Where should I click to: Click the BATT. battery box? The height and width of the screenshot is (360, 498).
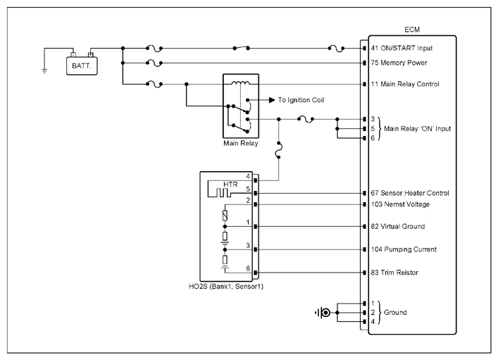(x=82, y=66)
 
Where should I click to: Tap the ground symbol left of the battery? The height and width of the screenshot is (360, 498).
(x=44, y=70)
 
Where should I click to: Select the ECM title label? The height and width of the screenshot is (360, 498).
(x=412, y=30)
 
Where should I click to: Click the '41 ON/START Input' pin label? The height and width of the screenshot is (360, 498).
(x=401, y=48)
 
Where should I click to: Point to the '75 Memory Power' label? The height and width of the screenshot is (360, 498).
(x=399, y=63)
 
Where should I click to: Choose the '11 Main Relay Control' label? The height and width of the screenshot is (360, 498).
(x=405, y=85)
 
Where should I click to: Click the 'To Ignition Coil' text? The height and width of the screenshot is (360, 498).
(x=301, y=100)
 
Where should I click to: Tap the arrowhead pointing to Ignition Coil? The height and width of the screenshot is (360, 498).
(x=272, y=100)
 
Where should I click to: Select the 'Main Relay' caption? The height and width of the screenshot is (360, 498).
(x=240, y=143)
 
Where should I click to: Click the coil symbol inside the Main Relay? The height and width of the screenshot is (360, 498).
(x=240, y=83)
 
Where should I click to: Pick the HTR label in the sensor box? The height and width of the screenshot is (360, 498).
(x=230, y=185)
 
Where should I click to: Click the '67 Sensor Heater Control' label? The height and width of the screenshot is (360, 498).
(x=410, y=193)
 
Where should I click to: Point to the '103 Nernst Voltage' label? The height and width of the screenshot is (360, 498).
(x=400, y=204)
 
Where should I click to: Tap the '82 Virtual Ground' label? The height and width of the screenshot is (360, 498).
(x=398, y=227)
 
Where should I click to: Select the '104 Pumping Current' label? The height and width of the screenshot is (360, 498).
(x=404, y=249)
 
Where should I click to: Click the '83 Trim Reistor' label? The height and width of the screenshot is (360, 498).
(x=394, y=273)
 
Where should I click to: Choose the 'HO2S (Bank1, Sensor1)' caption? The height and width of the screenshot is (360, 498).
(x=226, y=287)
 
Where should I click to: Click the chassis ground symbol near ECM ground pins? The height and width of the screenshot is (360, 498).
(x=323, y=313)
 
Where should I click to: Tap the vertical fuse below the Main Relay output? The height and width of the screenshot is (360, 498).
(x=279, y=150)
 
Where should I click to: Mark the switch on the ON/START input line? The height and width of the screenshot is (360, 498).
(x=242, y=48)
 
